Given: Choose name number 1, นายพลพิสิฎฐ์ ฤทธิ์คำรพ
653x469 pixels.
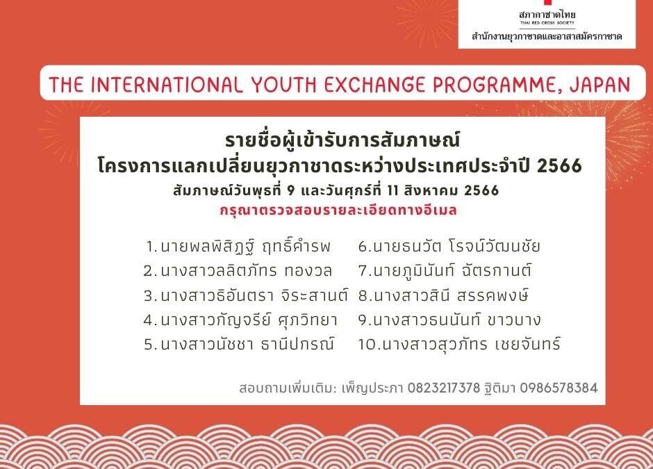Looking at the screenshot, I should point(239,246).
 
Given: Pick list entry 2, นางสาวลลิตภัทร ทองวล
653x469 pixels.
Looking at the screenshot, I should point(238,270).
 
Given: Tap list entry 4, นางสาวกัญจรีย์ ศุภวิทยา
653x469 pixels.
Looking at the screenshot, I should point(240,320).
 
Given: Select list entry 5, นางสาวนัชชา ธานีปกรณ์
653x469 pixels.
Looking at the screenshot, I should point(239,344).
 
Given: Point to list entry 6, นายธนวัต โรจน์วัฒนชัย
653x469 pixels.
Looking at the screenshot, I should point(449,246).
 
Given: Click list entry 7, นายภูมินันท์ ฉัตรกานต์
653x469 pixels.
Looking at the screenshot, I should point(445,270).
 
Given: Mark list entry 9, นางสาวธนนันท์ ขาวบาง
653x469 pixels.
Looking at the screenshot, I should point(449,320).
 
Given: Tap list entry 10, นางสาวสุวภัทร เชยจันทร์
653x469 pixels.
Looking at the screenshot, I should point(458,344).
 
